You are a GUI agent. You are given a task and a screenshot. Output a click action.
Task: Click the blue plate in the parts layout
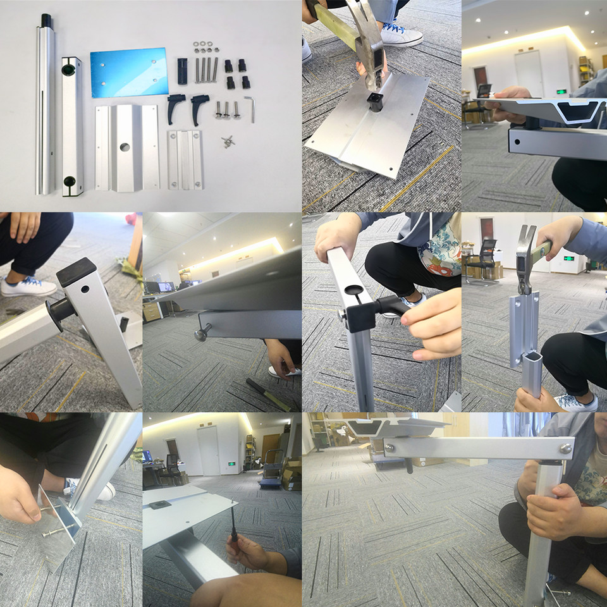coord(129,72)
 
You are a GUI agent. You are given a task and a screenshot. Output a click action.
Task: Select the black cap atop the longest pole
coord(46,20)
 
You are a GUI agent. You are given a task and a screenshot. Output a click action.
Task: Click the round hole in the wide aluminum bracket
coord(125,147)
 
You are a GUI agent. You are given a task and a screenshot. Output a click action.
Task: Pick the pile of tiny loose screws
coord(227,143)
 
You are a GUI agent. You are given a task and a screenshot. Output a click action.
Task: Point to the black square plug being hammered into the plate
coord(376,101)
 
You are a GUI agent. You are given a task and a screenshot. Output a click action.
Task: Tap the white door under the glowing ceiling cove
coord(529,73)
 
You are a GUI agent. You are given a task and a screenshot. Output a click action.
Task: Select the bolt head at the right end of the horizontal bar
coord(565,448)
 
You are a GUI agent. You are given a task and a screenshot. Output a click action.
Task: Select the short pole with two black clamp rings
coord(73,126)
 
